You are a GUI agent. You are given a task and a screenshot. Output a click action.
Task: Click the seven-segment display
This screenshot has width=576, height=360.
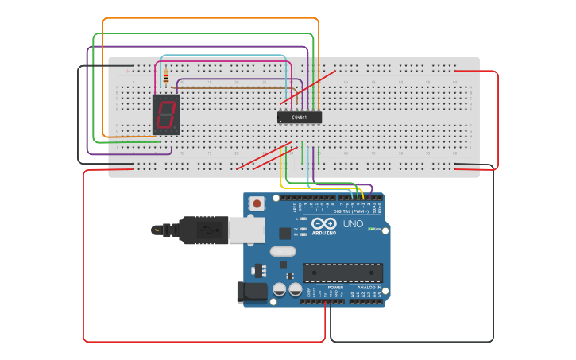coord(165,114)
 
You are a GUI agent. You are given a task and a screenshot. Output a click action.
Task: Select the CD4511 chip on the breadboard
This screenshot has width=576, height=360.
coord(300,117)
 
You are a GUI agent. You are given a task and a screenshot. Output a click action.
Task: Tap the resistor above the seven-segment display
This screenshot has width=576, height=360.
coord(165,78)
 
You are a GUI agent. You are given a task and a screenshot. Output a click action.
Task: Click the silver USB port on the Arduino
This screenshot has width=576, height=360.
coord(246,230)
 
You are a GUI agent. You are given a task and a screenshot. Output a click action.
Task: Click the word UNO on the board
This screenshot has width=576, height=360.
coord(353,224)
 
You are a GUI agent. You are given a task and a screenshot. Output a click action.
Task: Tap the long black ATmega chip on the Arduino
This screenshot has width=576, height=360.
coord(342,273)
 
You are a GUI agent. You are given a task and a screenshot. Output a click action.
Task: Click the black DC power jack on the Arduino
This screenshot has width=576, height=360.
coord(252,292)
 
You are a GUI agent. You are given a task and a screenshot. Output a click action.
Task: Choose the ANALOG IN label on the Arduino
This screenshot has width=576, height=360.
coord(366,288)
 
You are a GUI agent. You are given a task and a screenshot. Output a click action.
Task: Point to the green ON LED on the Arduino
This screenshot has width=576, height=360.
coord(371,229)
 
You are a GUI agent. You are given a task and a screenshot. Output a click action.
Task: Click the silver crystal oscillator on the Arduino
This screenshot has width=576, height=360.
coord(282,251)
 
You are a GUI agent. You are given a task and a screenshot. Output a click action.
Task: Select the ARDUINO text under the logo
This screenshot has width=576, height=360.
coord(323,233)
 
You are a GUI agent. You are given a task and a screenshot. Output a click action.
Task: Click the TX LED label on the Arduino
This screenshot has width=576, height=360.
coord(296,228)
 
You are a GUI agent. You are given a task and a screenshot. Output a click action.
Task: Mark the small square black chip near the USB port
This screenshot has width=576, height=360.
coord(284,233)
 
